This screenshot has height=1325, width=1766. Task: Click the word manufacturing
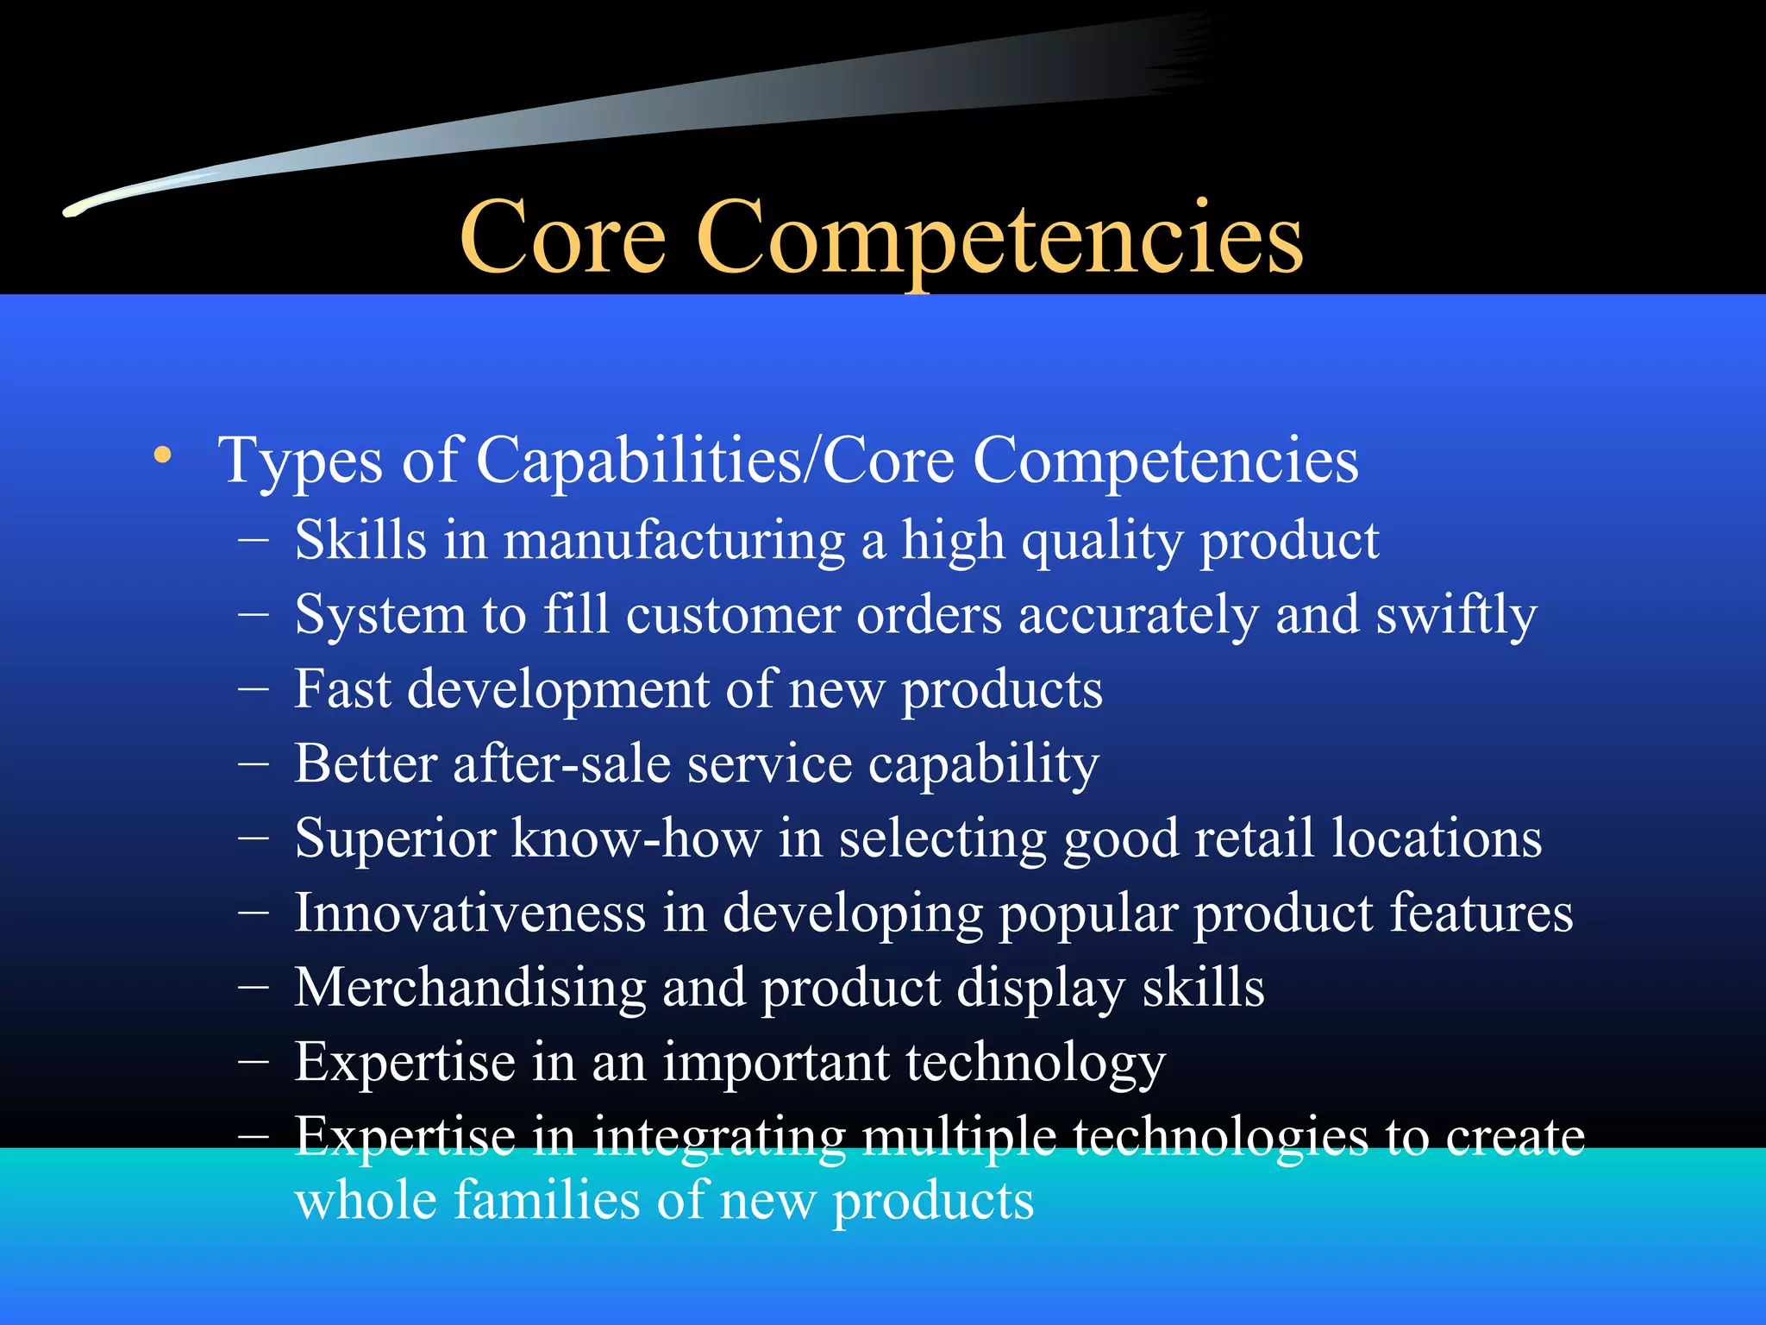coord(673,542)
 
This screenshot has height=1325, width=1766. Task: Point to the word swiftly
coord(1456,616)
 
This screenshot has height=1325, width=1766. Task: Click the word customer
coord(732,616)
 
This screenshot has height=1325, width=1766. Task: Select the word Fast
coord(342,690)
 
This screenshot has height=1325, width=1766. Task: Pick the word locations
coord(1437,838)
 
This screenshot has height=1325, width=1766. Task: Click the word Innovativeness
coord(470,913)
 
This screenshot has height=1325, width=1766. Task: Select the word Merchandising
coord(470,988)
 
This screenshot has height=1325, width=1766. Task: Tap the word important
coord(775,1062)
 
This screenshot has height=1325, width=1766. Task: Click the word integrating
coord(718,1137)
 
